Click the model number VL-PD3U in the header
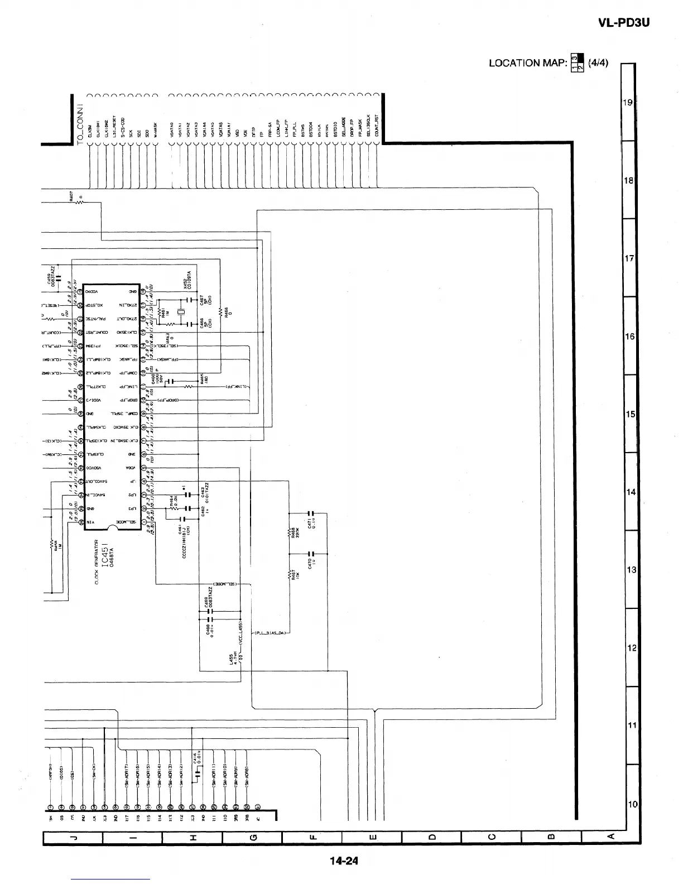623,23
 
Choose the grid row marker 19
628,103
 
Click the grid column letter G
252,837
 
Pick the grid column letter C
491,837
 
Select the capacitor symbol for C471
312,513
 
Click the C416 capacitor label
196,760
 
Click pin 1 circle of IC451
144,521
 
